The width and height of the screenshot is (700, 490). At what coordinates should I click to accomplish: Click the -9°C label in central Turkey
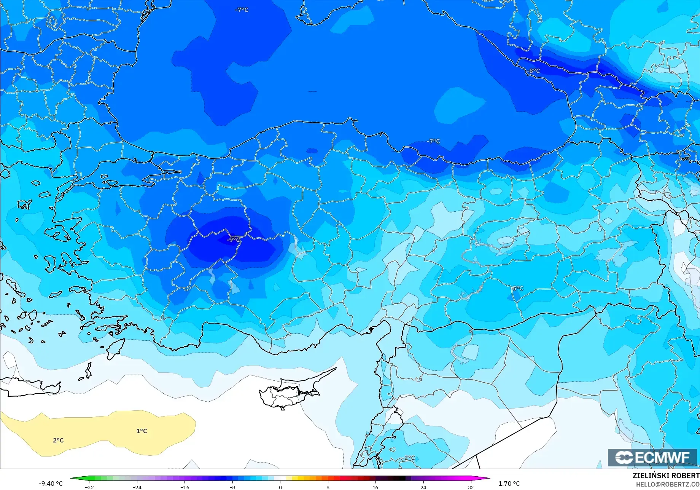[233, 239]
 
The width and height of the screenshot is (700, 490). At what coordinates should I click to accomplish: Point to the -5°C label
[517, 288]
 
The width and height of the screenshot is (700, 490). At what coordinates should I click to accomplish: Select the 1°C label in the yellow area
[142, 431]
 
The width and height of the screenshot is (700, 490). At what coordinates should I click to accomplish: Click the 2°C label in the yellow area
[58, 440]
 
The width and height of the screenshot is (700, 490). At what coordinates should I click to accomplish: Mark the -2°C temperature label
[409, 458]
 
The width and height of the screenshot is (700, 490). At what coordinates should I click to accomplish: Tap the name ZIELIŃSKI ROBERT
[666, 476]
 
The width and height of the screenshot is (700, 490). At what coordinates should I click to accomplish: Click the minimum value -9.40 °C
[51, 484]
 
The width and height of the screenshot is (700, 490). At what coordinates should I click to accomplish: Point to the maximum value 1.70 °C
[509, 484]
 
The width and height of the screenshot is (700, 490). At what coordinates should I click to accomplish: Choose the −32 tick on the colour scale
[89, 487]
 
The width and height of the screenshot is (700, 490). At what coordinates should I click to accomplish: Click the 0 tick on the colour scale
[280, 487]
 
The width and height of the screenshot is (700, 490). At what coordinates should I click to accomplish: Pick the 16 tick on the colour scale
[375, 487]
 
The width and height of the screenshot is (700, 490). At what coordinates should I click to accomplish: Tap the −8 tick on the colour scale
[232, 487]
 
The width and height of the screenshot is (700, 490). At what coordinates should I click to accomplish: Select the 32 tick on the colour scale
[471, 487]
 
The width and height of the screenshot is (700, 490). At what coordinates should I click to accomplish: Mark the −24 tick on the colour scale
[137, 487]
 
